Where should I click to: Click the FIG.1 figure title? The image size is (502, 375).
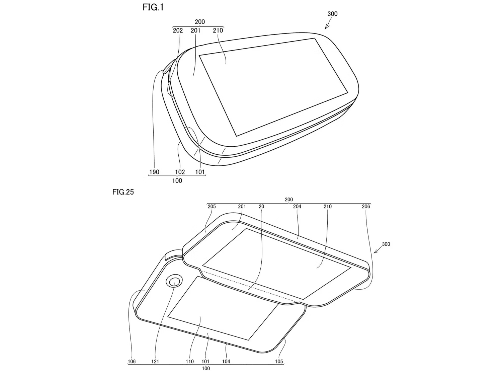click(153, 7)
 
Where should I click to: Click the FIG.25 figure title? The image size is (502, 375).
click(123, 192)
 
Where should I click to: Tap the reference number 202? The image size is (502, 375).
click(178, 30)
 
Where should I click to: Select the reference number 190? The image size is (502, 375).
click(154, 172)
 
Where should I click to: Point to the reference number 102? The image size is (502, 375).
click(180, 172)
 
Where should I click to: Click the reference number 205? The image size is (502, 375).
click(212, 206)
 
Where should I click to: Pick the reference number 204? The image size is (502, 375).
click(297, 206)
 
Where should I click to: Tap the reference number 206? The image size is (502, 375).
click(366, 206)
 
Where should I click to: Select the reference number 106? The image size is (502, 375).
click(132, 362)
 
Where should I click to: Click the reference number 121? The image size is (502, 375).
click(155, 362)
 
